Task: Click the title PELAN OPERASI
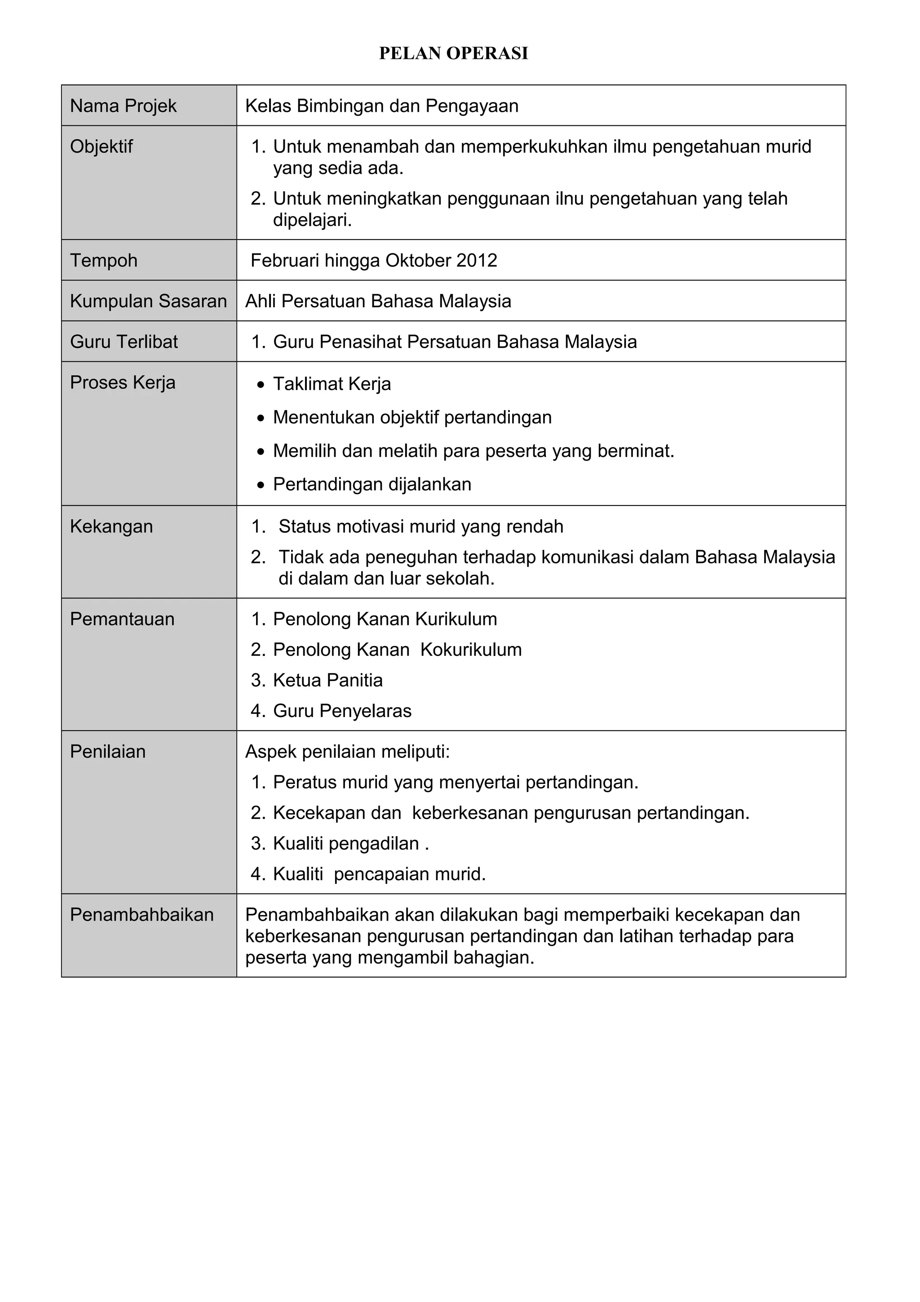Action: (x=453, y=53)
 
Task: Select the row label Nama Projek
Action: (x=123, y=106)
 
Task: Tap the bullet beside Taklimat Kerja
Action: (x=260, y=385)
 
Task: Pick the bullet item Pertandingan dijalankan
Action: (x=372, y=485)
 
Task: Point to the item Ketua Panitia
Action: (x=327, y=681)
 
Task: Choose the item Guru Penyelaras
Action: (x=342, y=711)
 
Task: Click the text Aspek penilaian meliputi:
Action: (x=347, y=752)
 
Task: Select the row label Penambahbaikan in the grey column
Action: (x=142, y=915)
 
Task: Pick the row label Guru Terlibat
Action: (x=124, y=342)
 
